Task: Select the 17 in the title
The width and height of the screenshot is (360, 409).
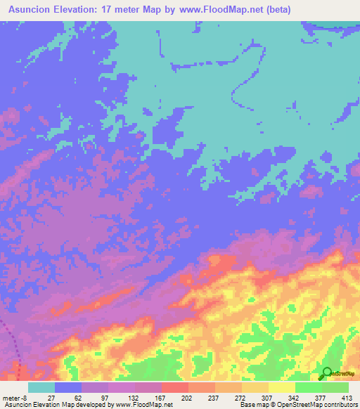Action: [115, 9]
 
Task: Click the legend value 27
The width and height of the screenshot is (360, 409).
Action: [51, 398]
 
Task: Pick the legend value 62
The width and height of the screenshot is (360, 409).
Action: [78, 398]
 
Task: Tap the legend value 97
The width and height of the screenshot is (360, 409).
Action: [105, 398]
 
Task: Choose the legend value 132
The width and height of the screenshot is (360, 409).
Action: [133, 398]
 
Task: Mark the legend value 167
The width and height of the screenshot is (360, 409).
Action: [160, 398]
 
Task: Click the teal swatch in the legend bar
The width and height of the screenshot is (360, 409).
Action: [41, 387]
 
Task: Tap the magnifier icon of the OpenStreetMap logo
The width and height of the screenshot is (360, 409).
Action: [326, 372]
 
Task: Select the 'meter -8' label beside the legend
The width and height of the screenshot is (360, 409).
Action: [15, 398]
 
